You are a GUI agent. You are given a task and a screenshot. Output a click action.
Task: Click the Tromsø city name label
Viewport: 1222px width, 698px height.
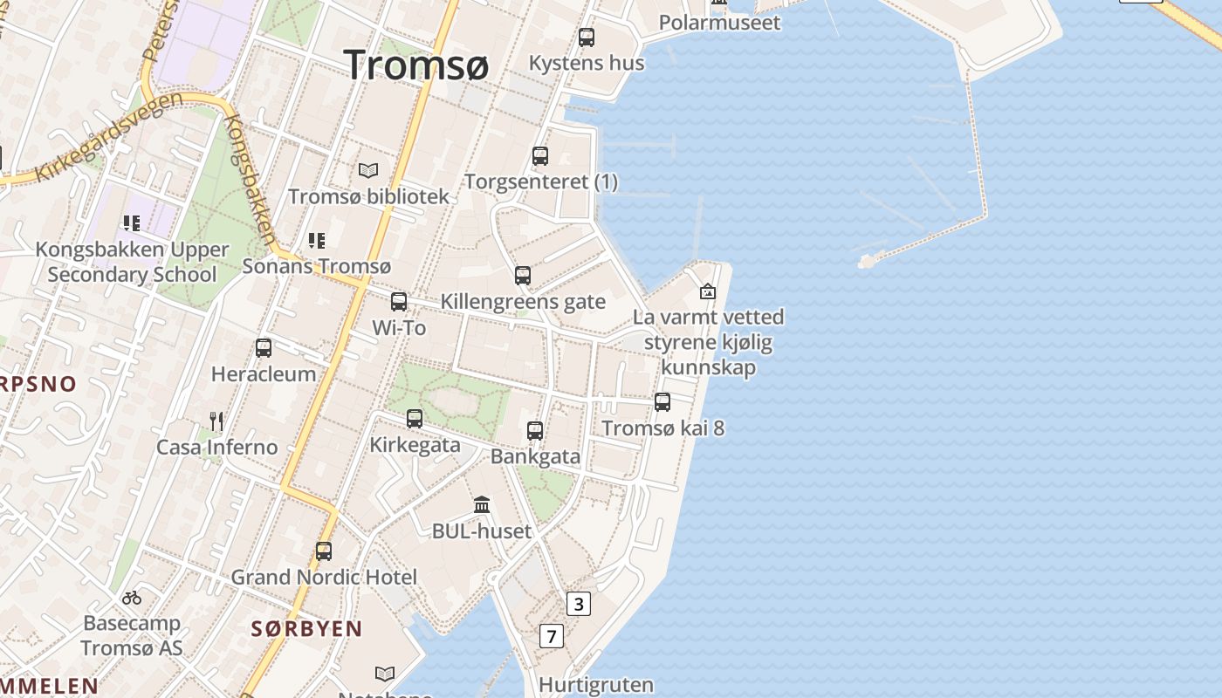coord(416,65)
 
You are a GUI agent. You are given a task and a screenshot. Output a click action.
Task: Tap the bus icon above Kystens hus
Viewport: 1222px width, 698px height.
coord(587,38)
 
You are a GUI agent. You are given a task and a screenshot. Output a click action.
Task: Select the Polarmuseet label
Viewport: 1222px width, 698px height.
coord(719,23)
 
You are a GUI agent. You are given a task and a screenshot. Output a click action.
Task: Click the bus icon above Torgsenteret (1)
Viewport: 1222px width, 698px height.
coord(540,156)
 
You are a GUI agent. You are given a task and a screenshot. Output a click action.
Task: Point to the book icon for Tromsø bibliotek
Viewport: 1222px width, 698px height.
coord(368,170)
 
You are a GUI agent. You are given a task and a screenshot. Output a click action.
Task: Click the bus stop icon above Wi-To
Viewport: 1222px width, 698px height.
coord(399,302)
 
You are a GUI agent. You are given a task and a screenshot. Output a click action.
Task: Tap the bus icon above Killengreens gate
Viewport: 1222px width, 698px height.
coord(523,276)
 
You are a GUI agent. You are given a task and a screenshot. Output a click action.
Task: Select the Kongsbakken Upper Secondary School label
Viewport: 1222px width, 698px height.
coord(132,262)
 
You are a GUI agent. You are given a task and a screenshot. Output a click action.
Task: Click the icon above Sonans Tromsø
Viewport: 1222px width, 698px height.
coord(317,240)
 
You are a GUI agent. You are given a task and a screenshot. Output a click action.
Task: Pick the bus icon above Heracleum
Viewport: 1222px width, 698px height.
coord(264,348)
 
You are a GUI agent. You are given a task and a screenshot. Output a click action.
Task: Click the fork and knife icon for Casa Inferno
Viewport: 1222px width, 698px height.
coord(216,421)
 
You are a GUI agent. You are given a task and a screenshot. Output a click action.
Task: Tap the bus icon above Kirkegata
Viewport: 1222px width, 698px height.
coord(415,419)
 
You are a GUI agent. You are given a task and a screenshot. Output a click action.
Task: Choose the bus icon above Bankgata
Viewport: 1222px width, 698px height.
coord(535,430)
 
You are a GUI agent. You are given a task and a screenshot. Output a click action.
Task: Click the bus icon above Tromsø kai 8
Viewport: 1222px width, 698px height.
coord(662,402)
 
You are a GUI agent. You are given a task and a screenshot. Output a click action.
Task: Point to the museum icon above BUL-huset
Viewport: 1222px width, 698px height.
coord(482,504)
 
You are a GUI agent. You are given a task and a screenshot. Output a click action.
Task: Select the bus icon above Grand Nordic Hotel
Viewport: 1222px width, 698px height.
coord(324,551)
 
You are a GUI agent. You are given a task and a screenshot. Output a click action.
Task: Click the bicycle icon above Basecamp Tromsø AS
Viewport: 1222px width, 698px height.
coord(132,598)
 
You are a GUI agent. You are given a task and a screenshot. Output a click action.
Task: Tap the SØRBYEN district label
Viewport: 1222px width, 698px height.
coord(306,628)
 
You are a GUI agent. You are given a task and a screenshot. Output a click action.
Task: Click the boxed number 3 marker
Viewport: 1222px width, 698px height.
coord(578,603)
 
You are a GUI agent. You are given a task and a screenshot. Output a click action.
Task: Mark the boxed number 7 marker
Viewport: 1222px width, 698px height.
coord(551,636)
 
